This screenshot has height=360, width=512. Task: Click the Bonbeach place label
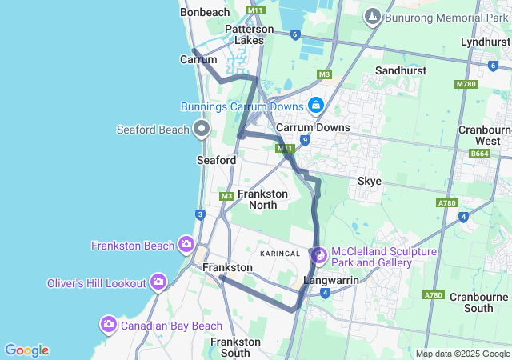tap(206, 12)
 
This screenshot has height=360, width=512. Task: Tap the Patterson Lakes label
tap(249, 34)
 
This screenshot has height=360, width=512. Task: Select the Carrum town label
tap(198, 59)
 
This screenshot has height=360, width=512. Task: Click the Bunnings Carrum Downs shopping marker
tap(317, 106)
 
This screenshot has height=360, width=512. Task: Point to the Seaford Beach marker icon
tap(202, 129)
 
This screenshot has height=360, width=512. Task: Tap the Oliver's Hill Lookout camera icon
tap(158, 282)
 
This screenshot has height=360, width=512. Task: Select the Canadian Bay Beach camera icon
tap(108, 325)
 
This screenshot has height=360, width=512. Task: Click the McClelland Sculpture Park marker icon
tap(319, 256)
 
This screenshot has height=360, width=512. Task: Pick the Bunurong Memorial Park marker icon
tap(372, 17)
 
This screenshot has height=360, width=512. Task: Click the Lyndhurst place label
tap(485, 41)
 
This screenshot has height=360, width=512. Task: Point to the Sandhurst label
tap(399, 70)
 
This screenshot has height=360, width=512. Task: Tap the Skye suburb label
tap(369, 182)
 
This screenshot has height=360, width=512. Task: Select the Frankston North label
tap(258, 199)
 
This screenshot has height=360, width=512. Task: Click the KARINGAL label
tap(279, 253)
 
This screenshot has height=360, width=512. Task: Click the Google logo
tap(26, 350)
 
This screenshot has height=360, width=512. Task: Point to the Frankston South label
tap(235, 346)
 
